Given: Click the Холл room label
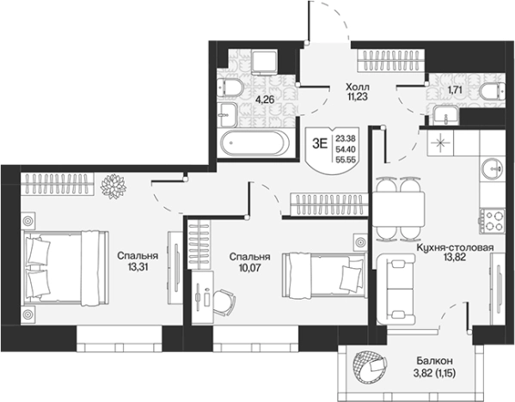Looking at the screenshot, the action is [358, 88].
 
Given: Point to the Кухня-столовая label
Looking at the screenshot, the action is [455, 247].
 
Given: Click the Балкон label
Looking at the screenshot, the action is [434, 362].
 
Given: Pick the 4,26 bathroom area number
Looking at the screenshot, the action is [265, 100].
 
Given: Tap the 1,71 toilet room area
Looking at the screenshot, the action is [456, 89].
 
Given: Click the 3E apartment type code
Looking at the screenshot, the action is [320, 143].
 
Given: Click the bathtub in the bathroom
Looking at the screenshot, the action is [254, 143].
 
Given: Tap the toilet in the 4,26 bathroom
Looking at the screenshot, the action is [230, 88].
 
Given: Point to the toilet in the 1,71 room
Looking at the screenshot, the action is [492, 91].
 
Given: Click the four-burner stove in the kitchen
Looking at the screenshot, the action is [492, 221].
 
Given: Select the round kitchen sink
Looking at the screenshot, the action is [492, 168].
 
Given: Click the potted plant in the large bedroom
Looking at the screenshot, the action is [113, 186].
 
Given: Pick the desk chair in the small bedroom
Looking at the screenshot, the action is [224, 301].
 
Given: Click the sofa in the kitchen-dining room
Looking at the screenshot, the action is [396, 289].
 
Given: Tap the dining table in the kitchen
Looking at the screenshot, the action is [398, 209].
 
